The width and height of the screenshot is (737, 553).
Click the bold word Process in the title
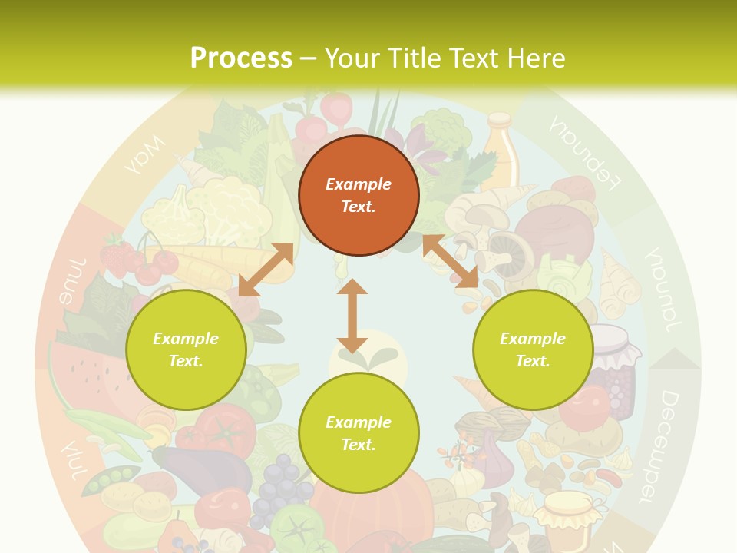(241, 58)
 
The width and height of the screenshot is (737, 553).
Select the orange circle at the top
(359, 195)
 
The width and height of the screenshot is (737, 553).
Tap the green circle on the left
(186, 349)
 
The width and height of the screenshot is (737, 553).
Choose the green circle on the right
(533, 349)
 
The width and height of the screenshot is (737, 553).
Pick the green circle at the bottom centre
(359, 433)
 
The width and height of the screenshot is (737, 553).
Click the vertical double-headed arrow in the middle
(352, 316)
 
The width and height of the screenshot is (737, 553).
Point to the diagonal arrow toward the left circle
(266, 269)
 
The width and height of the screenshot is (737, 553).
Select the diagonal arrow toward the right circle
(450, 261)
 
